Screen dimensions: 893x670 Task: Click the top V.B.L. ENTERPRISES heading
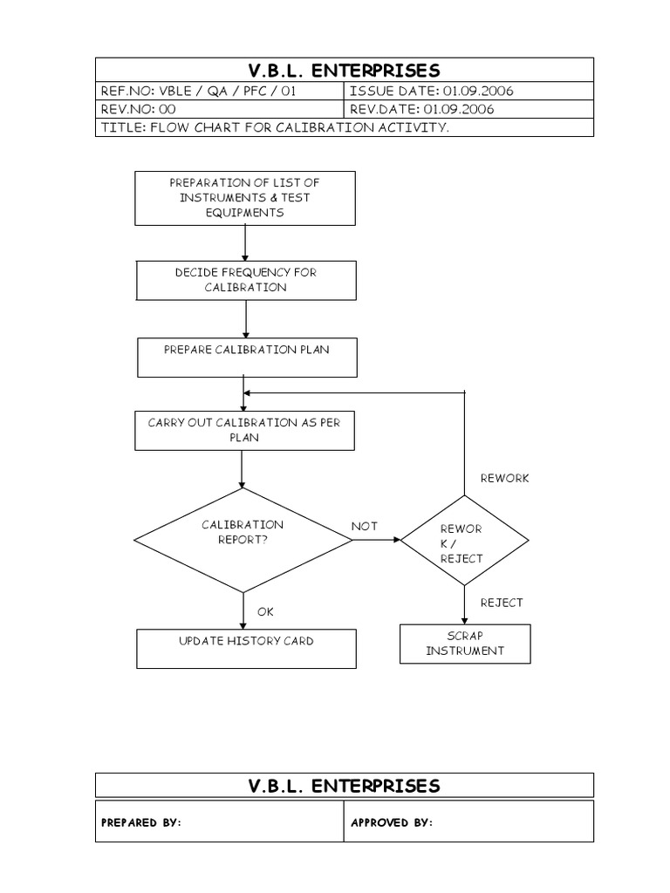tap(344, 70)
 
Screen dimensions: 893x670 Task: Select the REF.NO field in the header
tap(219, 91)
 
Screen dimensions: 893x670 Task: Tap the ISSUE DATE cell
tap(468, 91)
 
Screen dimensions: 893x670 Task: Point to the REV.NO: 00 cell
tap(219, 109)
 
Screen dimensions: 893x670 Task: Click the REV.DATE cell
tap(468, 109)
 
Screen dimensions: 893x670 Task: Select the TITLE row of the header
tap(344, 127)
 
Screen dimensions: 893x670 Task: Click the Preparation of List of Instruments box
tap(245, 198)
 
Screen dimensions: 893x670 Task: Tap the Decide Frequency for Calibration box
tap(245, 280)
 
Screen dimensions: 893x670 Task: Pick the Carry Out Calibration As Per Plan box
tap(245, 431)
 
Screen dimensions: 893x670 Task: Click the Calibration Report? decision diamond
tap(243, 540)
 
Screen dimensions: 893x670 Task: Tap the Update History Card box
tap(246, 649)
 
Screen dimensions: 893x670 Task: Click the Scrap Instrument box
tap(464, 644)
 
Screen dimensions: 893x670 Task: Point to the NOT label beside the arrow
tap(364, 526)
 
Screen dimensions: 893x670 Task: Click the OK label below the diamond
tap(265, 611)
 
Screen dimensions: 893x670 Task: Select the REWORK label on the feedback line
tap(504, 478)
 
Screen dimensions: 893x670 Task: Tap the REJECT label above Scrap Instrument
tap(502, 603)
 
